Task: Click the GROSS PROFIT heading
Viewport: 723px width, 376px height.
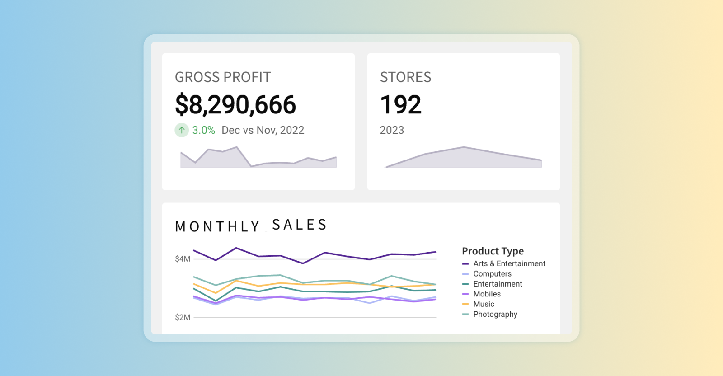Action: point(223,77)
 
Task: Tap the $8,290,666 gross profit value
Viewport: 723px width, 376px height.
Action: point(235,104)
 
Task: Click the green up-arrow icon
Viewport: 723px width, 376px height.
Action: point(182,130)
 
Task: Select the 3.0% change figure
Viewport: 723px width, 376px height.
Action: point(203,130)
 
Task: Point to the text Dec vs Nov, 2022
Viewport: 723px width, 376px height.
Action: point(263,130)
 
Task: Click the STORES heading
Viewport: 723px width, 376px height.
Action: point(405,77)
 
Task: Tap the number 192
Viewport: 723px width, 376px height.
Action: point(400,104)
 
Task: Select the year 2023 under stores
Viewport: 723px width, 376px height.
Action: point(392,130)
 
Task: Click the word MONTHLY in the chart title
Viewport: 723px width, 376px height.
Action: point(217,226)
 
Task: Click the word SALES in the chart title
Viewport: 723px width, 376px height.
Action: point(299,225)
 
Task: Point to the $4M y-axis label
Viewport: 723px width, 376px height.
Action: point(183,259)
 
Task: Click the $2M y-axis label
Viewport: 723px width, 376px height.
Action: point(183,317)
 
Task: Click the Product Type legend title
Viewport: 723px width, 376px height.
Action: point(493,251)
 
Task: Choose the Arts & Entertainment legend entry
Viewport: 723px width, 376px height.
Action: point(509,263)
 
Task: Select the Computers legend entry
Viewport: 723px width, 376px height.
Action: point(492,274)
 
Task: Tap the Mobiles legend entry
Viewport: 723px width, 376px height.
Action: point(487,294)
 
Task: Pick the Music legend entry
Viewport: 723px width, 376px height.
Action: point(484,304)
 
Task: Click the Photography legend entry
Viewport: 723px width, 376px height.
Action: point(495,314)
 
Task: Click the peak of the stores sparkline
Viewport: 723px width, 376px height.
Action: point(464,147)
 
